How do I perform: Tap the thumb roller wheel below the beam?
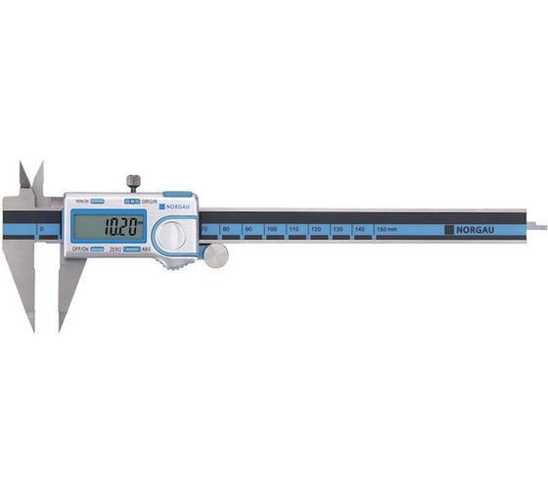pyautogui.click(x=215, y=255)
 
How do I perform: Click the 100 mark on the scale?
pyautogui.click(x=271, y=229)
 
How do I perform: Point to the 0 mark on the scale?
pyautogui.click(x=41, y=229)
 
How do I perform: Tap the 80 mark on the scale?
pyautogui.click(x=226, y=229)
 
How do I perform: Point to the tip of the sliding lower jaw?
pyautogui.click(x=62, y=327)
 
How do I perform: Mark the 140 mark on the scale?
pyautogui.click(x=360, y=229)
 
